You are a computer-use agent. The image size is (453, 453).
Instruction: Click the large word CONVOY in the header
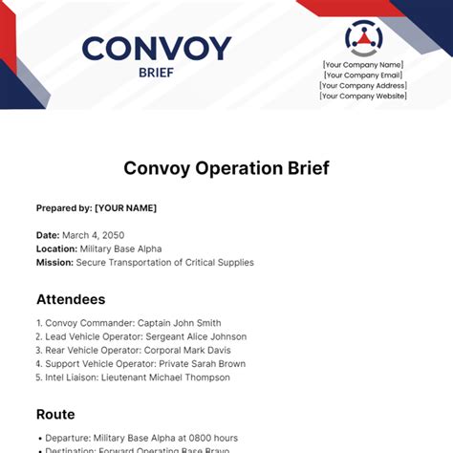tap(157, 49)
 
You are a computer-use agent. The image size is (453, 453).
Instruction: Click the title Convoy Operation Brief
tap(226, 168)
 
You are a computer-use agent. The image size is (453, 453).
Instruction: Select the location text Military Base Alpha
tap(120, 248)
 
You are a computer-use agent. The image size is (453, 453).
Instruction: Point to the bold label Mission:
tap(55, 262)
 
